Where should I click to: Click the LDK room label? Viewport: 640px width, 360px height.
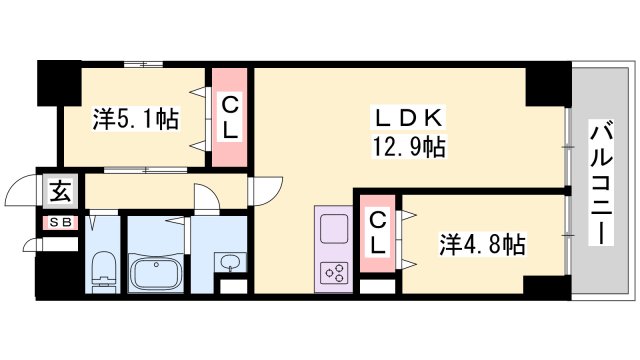(x=408, y=118)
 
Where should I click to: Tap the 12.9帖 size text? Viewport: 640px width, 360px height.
(x=408, y=147)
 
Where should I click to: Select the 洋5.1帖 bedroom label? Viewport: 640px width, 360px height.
(x=136, y=119)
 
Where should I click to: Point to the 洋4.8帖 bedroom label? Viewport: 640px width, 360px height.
(x=482, y=244)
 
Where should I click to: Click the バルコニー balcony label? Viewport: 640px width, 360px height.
(x=601, y=182)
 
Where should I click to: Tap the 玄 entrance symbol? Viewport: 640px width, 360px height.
(x=60, y=191)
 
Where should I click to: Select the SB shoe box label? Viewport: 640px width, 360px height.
(x=61, y=223)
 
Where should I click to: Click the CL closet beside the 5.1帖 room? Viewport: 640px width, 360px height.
(x=230, y=117)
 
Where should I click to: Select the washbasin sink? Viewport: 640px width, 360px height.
(x=231, y=262)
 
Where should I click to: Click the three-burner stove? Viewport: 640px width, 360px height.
(x=334, y=273)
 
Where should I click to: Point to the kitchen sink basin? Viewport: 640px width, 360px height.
(x=334, y=229)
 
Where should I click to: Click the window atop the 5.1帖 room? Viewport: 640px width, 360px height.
(x=143, y=64)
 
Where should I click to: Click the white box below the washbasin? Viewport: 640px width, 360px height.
(x=233, y=286)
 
